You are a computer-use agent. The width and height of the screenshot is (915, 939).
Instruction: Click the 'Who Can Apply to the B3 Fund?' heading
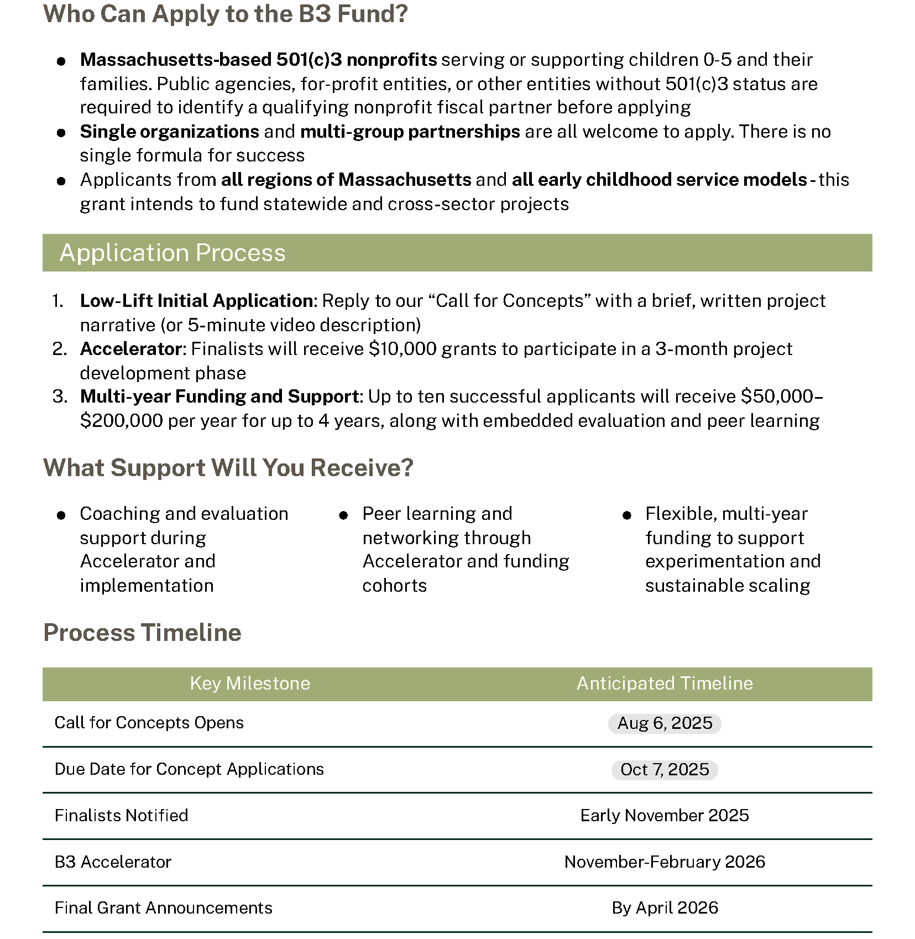[x=225, y=14]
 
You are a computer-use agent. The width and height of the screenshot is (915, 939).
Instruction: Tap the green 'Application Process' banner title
[x=172, y=253]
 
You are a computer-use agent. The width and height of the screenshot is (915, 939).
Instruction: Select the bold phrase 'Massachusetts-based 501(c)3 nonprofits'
[x=258, y=60]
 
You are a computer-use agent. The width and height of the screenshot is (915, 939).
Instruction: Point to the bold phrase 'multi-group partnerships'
[x=410, y=132]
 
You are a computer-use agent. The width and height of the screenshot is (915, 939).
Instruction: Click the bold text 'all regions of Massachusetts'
[x=346, y=180]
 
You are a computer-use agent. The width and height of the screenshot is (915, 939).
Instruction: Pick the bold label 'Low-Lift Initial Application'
[x=197, y=301]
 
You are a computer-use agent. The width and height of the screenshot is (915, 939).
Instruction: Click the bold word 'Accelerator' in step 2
[x=131, y=349]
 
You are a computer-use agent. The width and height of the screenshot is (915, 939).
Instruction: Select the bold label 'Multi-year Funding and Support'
[x=219, y=397]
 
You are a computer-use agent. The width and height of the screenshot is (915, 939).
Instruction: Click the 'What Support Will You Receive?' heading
[x=228, y=468]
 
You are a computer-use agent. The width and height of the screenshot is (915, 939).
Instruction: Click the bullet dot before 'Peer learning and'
[x=343, y=515]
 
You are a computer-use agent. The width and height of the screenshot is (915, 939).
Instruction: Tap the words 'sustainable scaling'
[x=727, y=586]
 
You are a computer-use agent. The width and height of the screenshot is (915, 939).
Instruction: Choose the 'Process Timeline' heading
[x=142, y=633]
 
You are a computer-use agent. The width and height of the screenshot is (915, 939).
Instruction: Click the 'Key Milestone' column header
[x=250, y=684]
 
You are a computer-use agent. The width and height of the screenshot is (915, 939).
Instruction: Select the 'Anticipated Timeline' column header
[x=665, y=684]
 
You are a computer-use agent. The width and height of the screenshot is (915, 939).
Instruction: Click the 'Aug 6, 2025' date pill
[x=665, y=723]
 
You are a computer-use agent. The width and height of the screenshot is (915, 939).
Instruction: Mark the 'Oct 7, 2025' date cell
[x=665, y=770]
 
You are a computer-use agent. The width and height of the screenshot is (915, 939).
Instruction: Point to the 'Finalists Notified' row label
[x=121, y=816]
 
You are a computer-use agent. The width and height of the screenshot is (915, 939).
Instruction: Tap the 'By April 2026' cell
[x=665, y=908]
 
